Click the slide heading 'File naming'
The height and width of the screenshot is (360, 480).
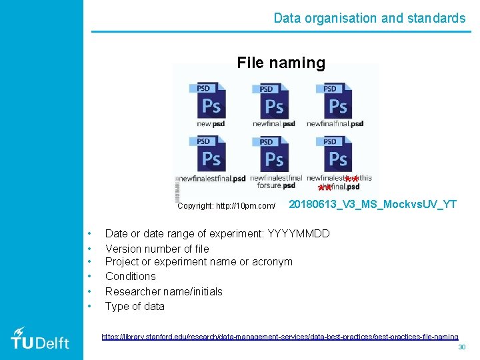tap(281, 63)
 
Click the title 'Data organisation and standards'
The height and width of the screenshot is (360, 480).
tap(369, 18)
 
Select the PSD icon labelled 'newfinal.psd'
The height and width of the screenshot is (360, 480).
tap(273, 101)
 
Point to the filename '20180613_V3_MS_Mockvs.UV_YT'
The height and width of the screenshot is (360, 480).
tap(372, 204)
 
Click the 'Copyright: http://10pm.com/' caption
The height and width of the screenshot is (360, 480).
tap(227, 206)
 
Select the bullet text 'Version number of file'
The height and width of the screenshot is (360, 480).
tap(157, 249)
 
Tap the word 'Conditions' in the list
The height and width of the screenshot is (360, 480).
tap(130, 276)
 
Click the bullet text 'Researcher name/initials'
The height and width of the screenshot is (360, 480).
tap(163, 291)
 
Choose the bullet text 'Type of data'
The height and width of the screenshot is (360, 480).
tap(135, 306)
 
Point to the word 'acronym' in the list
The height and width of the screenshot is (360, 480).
tap(272, 261)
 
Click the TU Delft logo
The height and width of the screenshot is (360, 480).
tap(40, 338)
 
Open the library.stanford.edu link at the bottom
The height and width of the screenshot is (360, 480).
tap(279, 337)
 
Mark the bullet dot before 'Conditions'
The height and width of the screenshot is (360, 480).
tap(88, 276)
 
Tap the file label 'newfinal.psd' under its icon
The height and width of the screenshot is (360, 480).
tap(274, 124)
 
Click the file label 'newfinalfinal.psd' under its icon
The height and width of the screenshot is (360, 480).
tap(335, 124)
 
